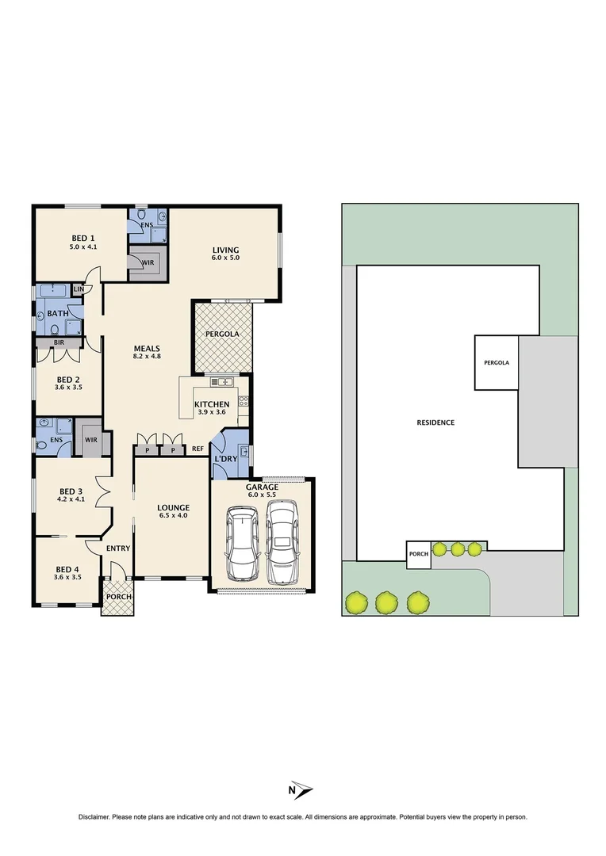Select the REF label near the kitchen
[198, 449]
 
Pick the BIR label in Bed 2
[59, 342]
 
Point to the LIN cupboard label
[79, 289]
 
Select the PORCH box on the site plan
[418, 555]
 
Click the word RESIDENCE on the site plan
[435, 422]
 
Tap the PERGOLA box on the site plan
[496, 362]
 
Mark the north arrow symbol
[301, 790]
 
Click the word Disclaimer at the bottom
[94, 817]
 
